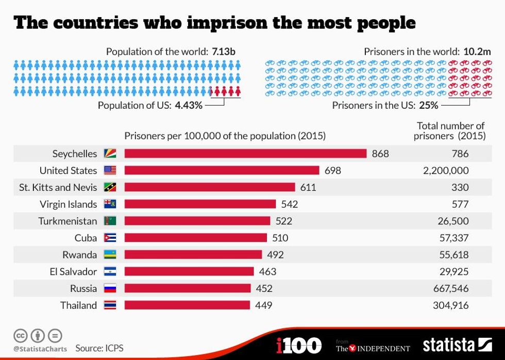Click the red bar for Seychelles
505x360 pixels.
click(x=245, y=154)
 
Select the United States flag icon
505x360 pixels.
click(x=110, y=170)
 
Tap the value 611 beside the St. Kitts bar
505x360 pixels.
click(x=308, y=187)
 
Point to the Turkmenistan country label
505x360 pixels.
click(x=68, y=221)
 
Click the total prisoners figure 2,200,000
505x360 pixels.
click(x=446, y=170)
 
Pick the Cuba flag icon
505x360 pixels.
click(x=110, y=238)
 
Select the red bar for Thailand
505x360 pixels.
click(x=187, y=305)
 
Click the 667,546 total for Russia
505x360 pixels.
click(x=451, y=288)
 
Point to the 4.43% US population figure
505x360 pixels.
click(x=189, y=105)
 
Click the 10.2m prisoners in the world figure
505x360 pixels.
click(x=477, y=52)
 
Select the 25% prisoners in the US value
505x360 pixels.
click(x=428, y=105)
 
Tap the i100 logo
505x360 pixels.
click(x=299, y=345)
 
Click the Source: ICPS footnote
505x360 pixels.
click(x=99, y=348)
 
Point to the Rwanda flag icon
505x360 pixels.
click(x=110, y=255)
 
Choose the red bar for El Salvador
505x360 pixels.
click(x=189, y=271)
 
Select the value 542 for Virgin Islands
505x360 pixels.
click(x=290, y=204)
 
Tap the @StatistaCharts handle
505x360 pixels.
click(x=40, y=349)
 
